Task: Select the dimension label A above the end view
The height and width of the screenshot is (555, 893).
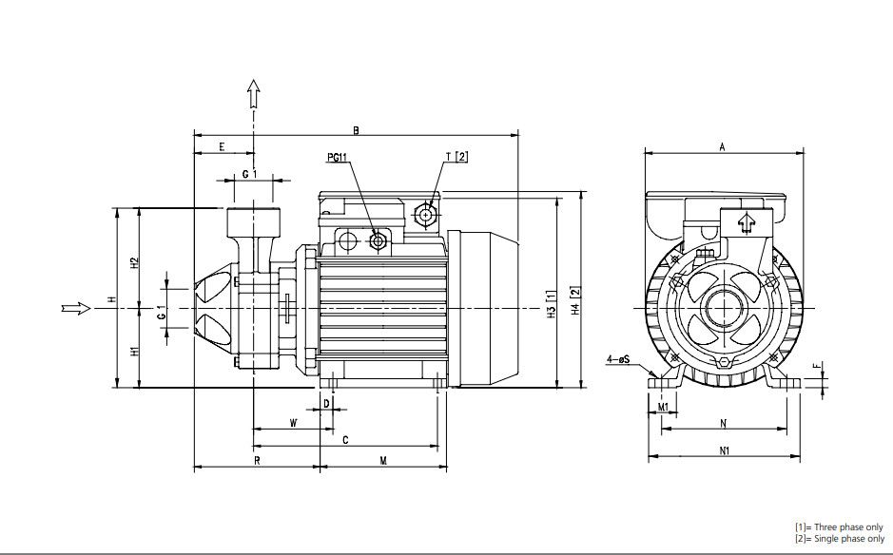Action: [723, 146]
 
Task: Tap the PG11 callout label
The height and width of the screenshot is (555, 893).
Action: [338, 156]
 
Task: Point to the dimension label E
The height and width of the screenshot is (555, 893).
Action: [222, 146]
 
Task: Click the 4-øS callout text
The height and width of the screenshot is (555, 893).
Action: [617, 359]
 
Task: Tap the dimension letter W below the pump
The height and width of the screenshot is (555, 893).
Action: [293, 422]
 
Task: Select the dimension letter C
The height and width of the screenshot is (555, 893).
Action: [345, 440]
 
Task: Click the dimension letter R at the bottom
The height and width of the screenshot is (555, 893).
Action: [257, 461]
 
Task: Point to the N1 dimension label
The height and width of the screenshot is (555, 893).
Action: [724, 451]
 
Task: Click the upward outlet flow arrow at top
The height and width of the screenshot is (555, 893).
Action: [254, 93]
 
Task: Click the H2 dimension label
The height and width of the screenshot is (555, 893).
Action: [135, 261]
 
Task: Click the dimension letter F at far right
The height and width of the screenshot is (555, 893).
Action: [815, 365]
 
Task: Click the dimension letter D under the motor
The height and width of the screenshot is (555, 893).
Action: [327, 404]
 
